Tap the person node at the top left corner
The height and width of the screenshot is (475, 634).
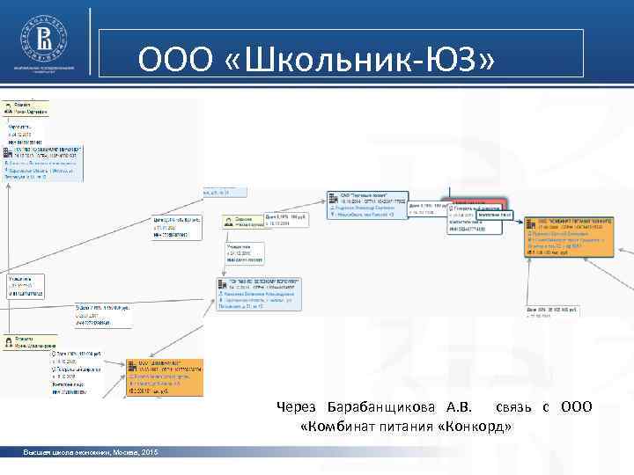(x=26, y=108)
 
